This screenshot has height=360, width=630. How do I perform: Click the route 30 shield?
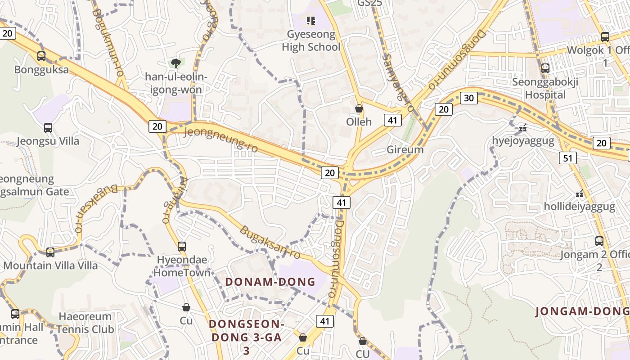pos(469,98)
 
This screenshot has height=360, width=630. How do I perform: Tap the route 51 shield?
pos(568,158)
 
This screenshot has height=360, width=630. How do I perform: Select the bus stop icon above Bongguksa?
pos(41,56)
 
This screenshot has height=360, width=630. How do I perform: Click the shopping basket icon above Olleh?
pos(359,108)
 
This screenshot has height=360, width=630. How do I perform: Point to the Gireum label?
pos(405,150)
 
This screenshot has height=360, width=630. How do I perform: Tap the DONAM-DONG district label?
pos(270,282)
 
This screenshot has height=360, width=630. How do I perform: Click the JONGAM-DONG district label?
pos(582,311)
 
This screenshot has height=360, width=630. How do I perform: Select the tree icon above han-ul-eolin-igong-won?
pos(175,63)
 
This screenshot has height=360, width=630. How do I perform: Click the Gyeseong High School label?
pos(311,40)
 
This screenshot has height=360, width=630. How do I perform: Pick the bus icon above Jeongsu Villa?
pos(48,128)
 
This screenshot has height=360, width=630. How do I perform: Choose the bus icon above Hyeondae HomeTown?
pos(182,246)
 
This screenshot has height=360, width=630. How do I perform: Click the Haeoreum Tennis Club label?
pos(85,323)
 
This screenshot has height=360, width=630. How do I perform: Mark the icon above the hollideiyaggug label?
pos(580,194)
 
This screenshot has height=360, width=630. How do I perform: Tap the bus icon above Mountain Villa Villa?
pos(50,252)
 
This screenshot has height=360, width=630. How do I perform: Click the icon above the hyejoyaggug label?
pos(522,128)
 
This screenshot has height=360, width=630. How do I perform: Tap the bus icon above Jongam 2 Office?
pos(599,241)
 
